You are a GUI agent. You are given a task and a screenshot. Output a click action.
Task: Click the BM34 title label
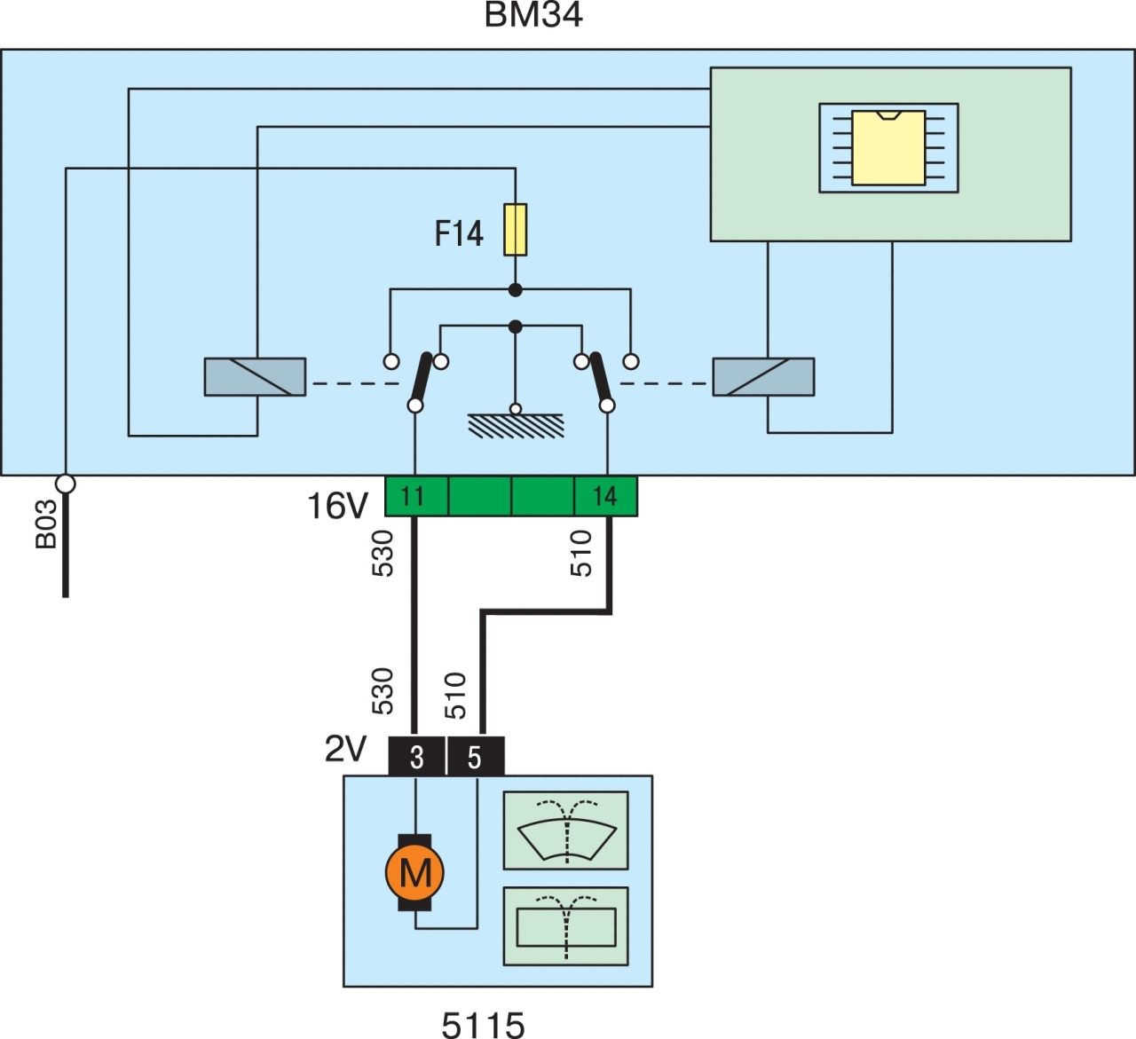click(x=532, y=15)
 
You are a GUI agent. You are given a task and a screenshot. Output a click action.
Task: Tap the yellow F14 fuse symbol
click(x=516, y=230)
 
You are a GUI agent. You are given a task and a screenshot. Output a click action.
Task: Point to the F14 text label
click(x=459, y=233)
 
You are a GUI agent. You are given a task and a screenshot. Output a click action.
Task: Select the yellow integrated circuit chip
click(x=888, y=148)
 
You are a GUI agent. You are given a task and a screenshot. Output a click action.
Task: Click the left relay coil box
click(x=255, y=376)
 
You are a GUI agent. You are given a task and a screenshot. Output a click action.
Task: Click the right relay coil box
click(x=763, y=376)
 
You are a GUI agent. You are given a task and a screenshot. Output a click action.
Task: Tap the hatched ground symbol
click(x=516, y=425)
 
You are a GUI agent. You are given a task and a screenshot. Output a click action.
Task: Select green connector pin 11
click(x=416, y=497)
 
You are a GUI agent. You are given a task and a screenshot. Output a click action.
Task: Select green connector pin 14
click(x=606, y=497)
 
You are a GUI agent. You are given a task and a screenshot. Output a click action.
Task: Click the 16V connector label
click(x=337, y=506)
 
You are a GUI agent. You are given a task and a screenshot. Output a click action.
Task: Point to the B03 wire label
click(x=46, y=524)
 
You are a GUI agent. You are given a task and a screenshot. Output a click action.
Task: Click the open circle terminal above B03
click(x=65, y=484)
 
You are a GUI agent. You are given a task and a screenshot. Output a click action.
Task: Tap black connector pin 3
click(x=417, y=758)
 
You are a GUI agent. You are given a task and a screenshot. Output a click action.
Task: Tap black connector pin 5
click(x=475, y=758)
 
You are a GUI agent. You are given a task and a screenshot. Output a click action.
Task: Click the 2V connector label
click(x=345, y=749)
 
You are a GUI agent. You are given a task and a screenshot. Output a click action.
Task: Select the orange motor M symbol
click(x=415, y=872)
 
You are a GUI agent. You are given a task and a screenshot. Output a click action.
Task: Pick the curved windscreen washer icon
click(x=565, y=830)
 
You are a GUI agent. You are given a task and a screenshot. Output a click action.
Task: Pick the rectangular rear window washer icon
click(x=565, y=926)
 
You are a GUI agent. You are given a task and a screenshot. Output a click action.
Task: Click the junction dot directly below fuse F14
click(x=516, y=290)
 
